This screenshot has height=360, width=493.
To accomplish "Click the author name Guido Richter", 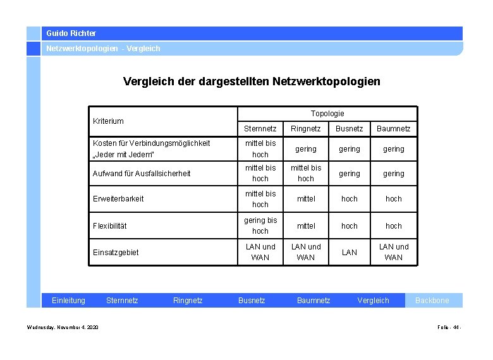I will (x=71, y=33).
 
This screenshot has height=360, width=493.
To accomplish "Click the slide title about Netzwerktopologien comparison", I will (x=252, y=81).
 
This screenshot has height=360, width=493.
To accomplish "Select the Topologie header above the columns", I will (x=327, y=113).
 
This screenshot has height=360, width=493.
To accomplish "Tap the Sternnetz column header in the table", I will (x=260, y=129).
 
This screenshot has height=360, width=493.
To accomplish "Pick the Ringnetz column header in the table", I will (x=306, y=129).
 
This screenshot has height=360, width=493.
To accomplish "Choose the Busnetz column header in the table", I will (x=349, y=129).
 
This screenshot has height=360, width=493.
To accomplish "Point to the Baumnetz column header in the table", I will (x=393, y=129).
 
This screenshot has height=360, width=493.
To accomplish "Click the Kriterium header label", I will (x=108, y=121).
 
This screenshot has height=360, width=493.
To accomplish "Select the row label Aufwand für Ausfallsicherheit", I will (x=141, y=173).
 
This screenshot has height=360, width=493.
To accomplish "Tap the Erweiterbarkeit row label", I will (x=118, y=198).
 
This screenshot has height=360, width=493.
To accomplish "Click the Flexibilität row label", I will (x=110, y=225).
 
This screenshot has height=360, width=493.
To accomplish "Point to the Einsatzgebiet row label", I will (x=115, y=252).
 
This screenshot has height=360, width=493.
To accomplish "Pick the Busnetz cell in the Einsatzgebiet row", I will (x=349, y=252).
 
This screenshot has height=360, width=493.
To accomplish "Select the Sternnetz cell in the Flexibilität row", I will (x=260, y=225).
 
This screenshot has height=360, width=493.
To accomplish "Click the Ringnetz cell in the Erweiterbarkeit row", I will (x=306, y=198).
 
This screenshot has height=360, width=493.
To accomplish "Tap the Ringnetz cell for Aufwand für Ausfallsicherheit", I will (x=306, y=173).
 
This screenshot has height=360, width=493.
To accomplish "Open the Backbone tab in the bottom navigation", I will (x=432, y=301).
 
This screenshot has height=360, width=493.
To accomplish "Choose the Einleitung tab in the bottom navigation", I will (x=68, y=301).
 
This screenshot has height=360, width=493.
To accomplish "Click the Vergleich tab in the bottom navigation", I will (x=373, y=301).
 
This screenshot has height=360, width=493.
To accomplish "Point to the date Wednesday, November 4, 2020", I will (x=63, y=327).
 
